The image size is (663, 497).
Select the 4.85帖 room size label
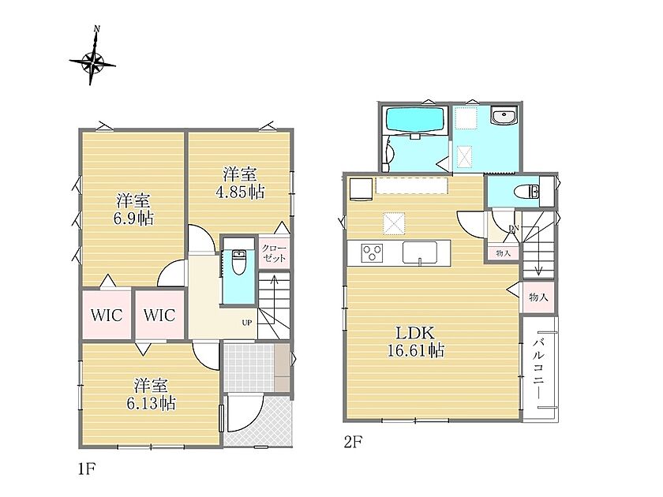click(240, 192)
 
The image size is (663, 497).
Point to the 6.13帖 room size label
click(151, 404)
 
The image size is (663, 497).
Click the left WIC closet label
click(107, 316)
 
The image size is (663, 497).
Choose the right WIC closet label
click(159, 316)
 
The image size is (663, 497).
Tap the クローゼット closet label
click(274, 253)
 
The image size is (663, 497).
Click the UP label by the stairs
click(246, 323)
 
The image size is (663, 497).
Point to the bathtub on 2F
click(415, 121)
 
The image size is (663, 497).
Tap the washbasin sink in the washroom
click(504, 115)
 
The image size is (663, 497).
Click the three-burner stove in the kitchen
click(372, 252)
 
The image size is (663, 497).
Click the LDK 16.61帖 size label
click(415, 342)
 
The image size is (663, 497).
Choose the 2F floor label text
click(353, 442)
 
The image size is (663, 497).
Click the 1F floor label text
click(88, 469)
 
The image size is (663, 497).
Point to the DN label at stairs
click(514, 229)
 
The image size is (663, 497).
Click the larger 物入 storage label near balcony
click(538, 297)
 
